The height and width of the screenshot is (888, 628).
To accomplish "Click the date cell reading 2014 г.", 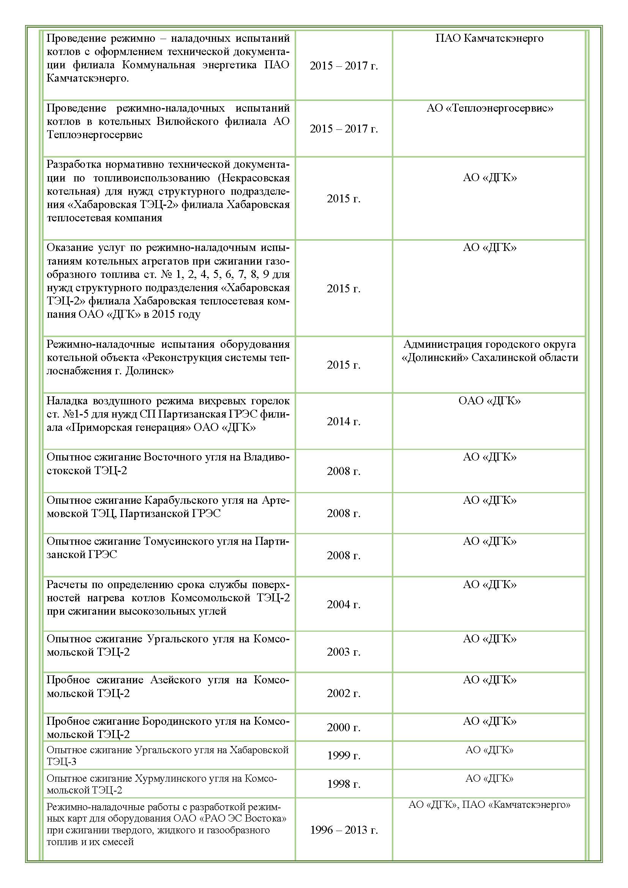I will [x=343, y=421].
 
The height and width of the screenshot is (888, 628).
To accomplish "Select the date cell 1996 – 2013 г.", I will [x=344, y=830].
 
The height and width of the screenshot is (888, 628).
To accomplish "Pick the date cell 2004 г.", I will [x=343, y=604].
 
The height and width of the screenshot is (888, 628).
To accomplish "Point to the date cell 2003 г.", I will [x=343, y=652].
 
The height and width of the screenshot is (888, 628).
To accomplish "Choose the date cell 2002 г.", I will [x=343, y=693].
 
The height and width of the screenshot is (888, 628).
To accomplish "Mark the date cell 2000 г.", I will [x=343, y=727].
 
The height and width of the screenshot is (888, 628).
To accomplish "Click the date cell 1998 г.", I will [x=344, y=784].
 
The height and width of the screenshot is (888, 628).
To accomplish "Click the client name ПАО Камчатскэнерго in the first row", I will [x=489, y=38].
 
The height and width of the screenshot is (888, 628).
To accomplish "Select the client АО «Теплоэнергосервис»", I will [x=489, y=108].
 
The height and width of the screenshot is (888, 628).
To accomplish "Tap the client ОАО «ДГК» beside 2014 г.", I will [x=489, y=400].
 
